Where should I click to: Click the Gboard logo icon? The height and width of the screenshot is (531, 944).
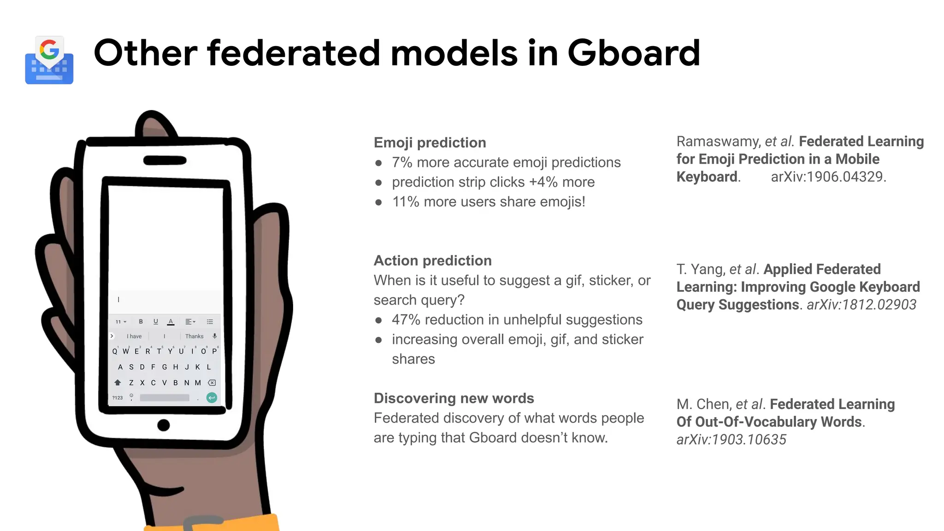pyautogui.click(x=49, y=60)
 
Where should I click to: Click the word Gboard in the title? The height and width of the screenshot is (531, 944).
pyautogui.click(x=633, y=53)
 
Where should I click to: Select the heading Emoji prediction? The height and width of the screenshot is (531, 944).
pyautogui.click(x=430, y=142)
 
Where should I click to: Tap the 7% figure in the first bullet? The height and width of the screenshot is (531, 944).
pyautogui.click(x=401, y=162)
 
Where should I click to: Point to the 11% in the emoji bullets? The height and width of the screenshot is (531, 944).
pyautogui.click(x=405, y=202)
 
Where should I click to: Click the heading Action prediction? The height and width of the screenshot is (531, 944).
pyautogui.click(x=432, y=260)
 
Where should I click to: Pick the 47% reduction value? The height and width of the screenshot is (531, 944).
pyautogui.click(x=406, y=320)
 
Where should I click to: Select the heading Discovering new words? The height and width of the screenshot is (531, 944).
pyautogui.click(x=454, y=398)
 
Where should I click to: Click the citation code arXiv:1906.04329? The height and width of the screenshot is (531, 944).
pyautogui.click(x=828, y=177)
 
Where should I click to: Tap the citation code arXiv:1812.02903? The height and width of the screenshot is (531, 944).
pyautogui.click(x=861, y=305)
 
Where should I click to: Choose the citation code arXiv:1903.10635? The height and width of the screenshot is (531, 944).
pyautogui.click(x=731, y=440)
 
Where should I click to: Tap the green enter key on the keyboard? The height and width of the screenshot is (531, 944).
pyautogui.click(x=212, y=397)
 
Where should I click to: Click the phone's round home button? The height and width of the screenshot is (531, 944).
pyautogui.click(x=164, y=425)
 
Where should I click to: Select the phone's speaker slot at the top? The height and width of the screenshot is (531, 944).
pyautogui.click(x=165, y=160)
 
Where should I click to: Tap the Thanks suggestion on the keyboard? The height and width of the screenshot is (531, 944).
pyautogui.click(x=194, y=336)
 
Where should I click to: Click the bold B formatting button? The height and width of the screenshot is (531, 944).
pyautogui.click(x=141, y=322)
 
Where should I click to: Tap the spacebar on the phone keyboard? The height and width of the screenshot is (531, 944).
pyautogui.click(x=165, y=397)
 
